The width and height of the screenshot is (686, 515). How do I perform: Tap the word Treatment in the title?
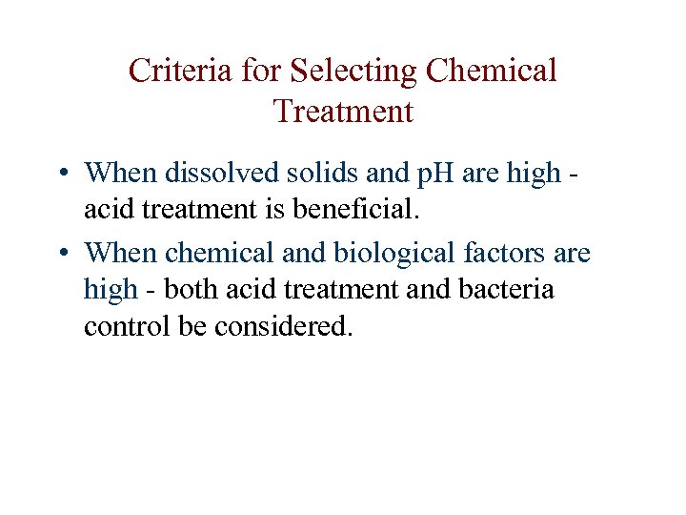(x=343, y=112)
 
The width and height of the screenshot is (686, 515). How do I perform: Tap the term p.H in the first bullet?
(x=407, y=174)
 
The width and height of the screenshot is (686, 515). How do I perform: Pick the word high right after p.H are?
(x=535, y=174)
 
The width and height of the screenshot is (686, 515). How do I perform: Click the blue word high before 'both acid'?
(x=111, y=288)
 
